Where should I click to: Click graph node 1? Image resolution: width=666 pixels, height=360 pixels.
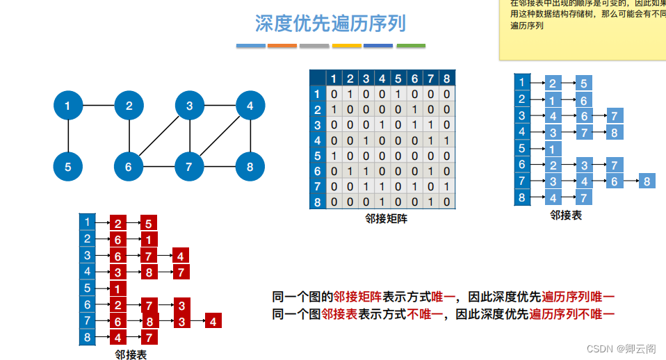pyautogui.click(x=68, y=106)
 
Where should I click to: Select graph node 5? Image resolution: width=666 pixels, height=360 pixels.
pyautogui.click(x=68, y=167)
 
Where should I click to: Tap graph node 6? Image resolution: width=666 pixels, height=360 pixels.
pyautogui.click(x=129, y=167)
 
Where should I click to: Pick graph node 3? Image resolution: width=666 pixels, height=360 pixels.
pyautogui.click(x=189, y=106)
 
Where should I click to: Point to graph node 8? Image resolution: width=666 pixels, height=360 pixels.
pyautogui.click(x=249, y=167)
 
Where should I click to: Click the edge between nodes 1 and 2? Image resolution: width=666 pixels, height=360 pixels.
pyautogui.click(x=98, y=106)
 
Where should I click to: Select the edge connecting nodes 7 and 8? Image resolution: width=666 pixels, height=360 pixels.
pyautogui.click(x=219, y=167)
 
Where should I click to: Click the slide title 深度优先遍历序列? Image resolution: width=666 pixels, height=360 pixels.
pyautogui.click(x=330, y=24)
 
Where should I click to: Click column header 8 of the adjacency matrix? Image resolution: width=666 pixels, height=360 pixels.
pyautogui.click(x=446, y=78)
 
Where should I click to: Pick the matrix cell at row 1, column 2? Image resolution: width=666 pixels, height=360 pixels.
pyautogui.click(x=350, y=94)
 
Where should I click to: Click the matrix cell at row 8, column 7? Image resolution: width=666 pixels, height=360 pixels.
pyautogui.click(x=430, y=202)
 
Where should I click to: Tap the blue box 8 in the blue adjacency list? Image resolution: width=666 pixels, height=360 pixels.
pyautogui.click(x=647, y=181)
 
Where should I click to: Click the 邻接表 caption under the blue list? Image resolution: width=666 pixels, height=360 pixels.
pyautogui.click(x=566, y=215)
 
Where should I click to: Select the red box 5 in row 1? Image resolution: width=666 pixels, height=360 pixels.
pyautogui.click(x=149, y=223)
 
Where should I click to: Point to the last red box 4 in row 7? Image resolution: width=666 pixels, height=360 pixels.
pyautogui.click(x=213, y=321)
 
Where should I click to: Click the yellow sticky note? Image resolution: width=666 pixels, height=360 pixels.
pyautogui.click(x=583, y=31)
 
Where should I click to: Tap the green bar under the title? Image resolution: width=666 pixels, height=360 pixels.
pyautogui.click(x=411, y=46)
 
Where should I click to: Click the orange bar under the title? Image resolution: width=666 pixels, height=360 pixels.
pyautogui.click(x=282, y=46)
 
